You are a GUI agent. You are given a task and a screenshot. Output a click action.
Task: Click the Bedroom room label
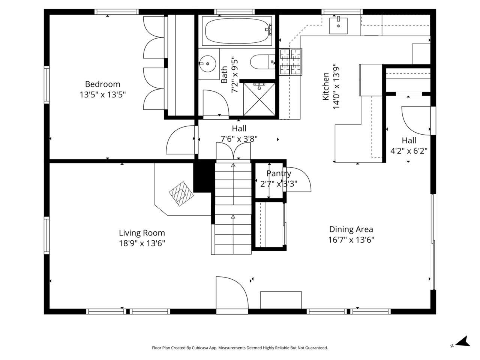102,84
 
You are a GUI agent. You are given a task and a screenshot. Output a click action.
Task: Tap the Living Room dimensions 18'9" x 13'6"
142,243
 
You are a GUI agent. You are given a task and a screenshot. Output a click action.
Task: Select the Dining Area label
351,229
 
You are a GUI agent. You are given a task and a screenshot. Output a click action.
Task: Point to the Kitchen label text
326,87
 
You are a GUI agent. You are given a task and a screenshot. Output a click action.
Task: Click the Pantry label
279,174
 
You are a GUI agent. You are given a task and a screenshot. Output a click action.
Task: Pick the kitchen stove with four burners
291,62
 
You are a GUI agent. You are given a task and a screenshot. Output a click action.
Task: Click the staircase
233,208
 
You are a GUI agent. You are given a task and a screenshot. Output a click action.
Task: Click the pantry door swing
298,180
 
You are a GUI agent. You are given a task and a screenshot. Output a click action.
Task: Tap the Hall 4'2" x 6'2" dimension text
409,151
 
